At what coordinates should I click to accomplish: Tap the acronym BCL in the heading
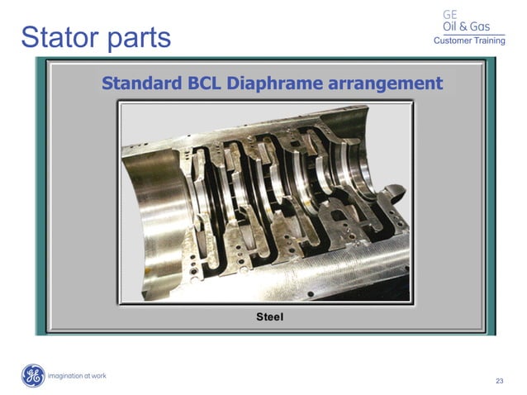[x=201, y=83]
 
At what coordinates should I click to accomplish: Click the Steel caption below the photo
[x=270, y=316]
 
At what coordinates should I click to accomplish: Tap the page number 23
[x=499, y=381]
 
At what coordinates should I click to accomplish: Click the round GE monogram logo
[x=33, y=376]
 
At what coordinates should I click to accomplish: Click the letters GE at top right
[x=450, y=14]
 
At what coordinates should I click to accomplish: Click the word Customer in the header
[x=452, y=41]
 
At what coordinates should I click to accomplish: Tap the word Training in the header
[x=489, y=41]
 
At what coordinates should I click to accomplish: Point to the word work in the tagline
[x=98, y=376]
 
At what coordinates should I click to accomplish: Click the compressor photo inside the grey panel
[x=264, y=203]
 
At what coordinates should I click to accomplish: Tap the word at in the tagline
[x=86, y=376]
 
